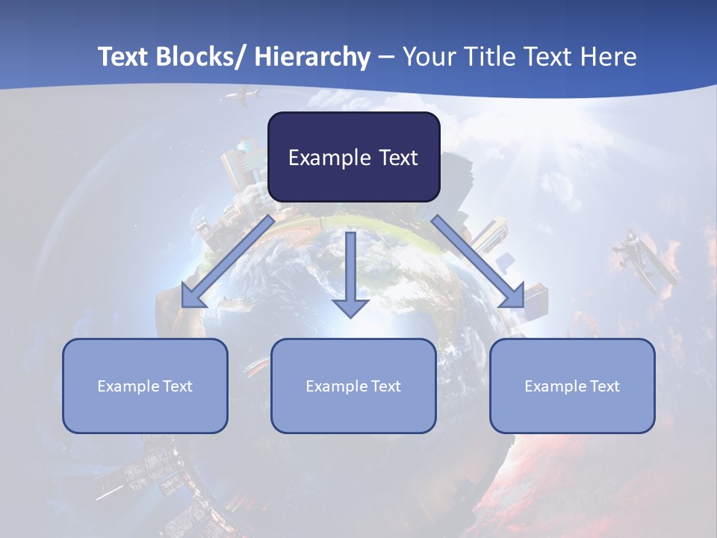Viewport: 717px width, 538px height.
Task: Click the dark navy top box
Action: click(x=353, y=157)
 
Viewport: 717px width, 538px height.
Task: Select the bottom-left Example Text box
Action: click(x=145, y=386)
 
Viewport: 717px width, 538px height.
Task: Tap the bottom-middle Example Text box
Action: click(x=353, y=386)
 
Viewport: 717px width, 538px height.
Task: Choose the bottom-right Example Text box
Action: click(x=572, y=386)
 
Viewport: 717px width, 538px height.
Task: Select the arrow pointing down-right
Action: click(x=478, y=262)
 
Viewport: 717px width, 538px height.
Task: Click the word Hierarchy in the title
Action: click(x=312, y=57)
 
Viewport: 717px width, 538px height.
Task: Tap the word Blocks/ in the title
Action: click(x=201, y=57)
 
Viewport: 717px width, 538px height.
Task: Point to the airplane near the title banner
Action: click(x=243, y=96)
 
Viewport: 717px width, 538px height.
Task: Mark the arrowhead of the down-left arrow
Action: click(x=192, y=297)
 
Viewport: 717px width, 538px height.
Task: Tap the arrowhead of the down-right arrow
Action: click(x=514, y=296)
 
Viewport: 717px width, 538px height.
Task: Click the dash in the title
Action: click(x=386, y=57)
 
